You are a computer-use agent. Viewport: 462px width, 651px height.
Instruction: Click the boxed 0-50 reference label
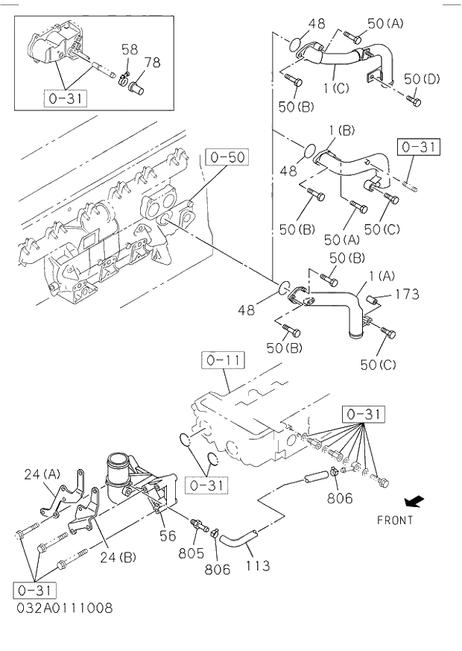tap(227, 157)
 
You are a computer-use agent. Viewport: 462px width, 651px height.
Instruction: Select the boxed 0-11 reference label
tap(222, 362)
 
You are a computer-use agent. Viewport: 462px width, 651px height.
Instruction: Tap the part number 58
tap(130, 49)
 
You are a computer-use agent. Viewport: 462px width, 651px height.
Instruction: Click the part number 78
tap(152, 63)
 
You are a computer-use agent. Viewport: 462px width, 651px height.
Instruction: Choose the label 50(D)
tap(421, 78)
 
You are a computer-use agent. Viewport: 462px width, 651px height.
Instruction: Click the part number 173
tap(407, 294)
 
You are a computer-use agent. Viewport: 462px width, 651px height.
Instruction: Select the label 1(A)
tap(380, 276)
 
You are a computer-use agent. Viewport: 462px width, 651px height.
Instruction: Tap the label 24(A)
tap(42, 474)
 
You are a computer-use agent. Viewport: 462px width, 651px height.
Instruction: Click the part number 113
tap(259, 567)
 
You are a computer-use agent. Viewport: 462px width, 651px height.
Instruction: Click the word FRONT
tap(394, 520)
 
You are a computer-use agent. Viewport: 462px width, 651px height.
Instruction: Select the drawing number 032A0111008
tap(63, 608)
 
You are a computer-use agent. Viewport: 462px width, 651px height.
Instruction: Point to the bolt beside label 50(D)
tap(415, 100)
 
